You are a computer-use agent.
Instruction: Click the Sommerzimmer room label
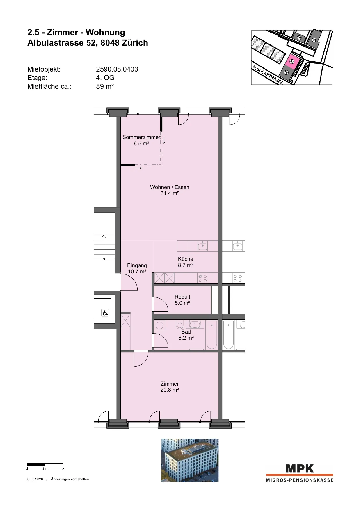pos(141,137)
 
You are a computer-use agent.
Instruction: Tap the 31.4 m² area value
pos(170,193)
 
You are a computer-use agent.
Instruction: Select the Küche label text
pos(186,259)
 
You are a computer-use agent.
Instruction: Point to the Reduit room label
pos(182,297)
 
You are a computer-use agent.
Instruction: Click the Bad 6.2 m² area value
pos(186,338)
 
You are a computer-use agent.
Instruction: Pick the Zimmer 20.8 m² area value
pos(170,390)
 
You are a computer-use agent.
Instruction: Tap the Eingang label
pos(137,265)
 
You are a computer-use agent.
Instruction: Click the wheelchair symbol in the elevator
pos(105,313)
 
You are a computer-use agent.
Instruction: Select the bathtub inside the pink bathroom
pos(212,335)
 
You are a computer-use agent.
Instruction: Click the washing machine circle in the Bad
pos(159,326)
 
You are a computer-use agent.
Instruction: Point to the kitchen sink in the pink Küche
pos(203,246)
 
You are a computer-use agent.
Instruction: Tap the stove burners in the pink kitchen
pos(203,279)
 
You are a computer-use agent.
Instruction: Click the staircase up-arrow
pos(104,247)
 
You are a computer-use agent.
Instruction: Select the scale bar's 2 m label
pos(45,469)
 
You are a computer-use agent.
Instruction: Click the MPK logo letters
pos(300,468)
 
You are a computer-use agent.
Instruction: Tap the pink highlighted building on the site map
pos(292,62)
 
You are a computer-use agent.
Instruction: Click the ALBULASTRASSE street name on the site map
pos(267,75)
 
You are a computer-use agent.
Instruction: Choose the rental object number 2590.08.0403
pos(117,69)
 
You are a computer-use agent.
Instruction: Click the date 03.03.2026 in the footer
pos(34,479)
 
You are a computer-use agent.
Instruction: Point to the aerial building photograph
pos(190,460)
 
